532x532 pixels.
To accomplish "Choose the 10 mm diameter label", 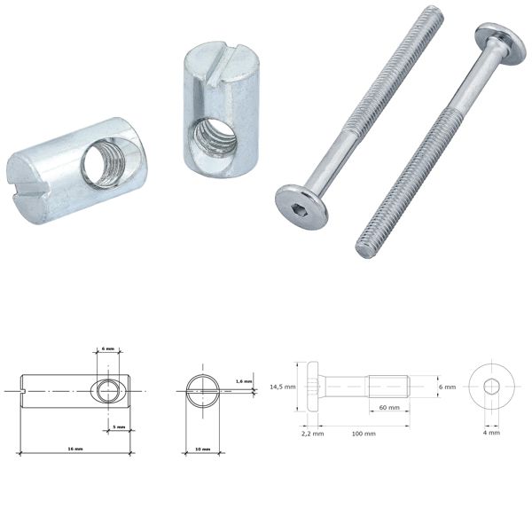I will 202,450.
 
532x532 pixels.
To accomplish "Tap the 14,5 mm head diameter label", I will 282,386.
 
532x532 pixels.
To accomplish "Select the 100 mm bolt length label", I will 362,434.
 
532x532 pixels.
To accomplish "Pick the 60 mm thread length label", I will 387,408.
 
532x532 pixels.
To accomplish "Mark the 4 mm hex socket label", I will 491,433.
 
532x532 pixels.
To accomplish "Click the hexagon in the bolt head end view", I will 491,387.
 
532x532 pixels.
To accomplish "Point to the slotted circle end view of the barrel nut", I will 202,388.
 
